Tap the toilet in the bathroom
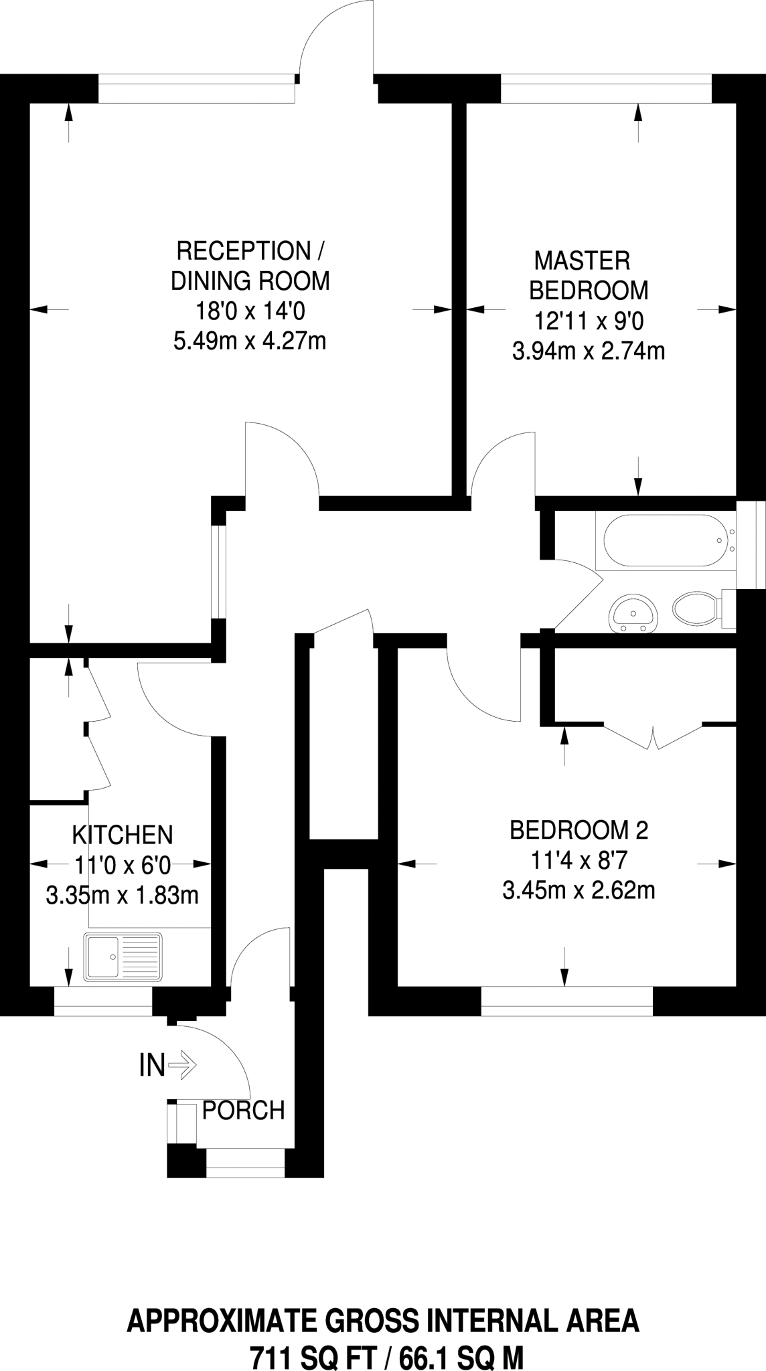pos(693,611)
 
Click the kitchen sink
pos(123,956)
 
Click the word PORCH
pos(243,1111)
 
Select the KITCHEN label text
pos(123,835)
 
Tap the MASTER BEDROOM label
pos(589,275)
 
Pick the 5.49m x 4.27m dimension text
pos(250,341)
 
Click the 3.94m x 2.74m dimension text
pos(589,351)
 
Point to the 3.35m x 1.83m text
pos(123,895)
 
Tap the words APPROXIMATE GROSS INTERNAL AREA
pos(383,1322)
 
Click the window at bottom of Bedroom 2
pos(566,1000)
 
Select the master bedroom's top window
pos(606,89)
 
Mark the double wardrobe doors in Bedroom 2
pos(653,736)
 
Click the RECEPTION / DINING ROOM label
pos(250,266)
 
